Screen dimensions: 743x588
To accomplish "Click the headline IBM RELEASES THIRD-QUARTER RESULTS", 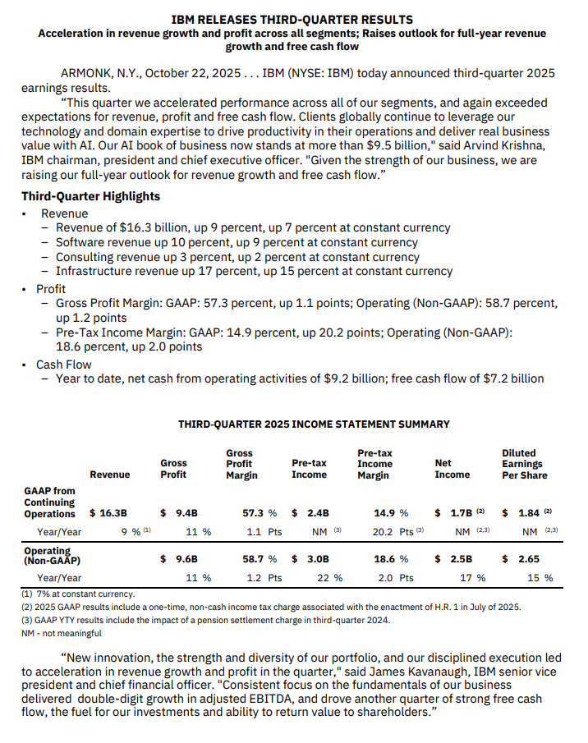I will click(293, 19).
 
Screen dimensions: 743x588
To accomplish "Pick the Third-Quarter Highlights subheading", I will click(90, 196).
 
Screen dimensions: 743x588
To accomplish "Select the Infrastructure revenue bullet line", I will click(254, 271).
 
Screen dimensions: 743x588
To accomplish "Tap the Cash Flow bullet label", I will click(63, 364).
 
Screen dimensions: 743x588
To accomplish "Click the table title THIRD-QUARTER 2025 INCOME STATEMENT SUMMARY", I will click(314, 424).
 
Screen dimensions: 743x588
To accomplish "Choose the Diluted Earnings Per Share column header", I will click(523, 464).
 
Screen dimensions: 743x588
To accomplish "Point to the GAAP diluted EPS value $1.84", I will click(525, 513).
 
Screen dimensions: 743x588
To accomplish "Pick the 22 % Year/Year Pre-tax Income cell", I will click(330, 578).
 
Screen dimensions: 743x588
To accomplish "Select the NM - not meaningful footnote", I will click(62, 633).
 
